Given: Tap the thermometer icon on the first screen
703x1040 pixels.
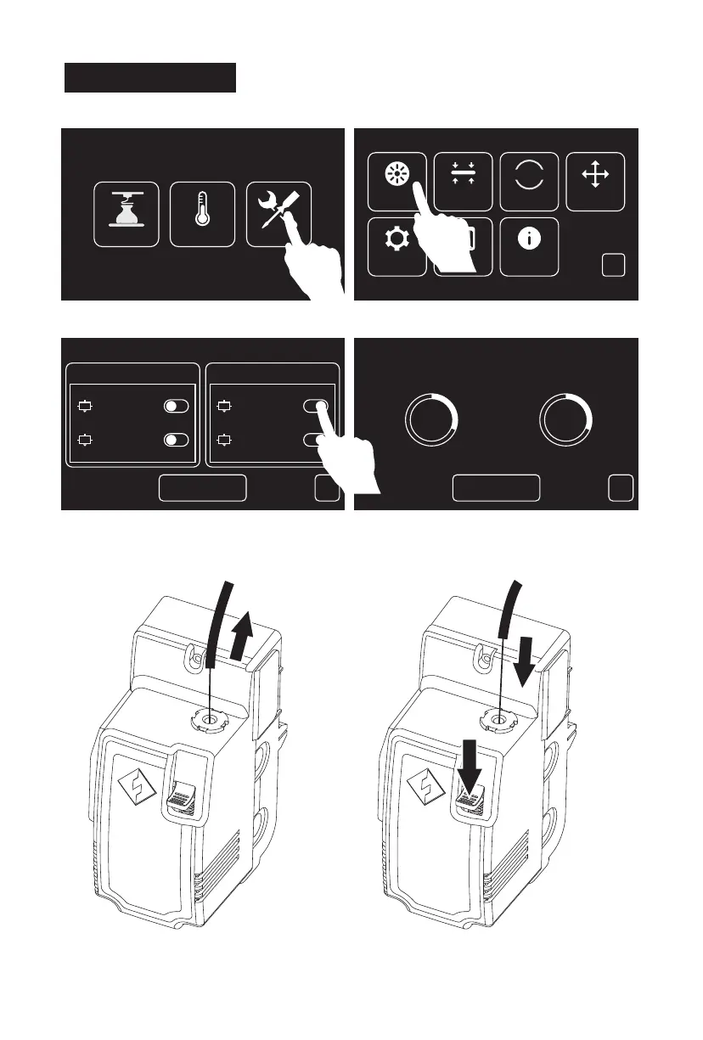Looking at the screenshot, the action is tap(202, 215).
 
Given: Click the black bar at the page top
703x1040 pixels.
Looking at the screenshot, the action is tap(150, 76).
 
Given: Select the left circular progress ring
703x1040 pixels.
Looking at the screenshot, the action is tap(432, 419).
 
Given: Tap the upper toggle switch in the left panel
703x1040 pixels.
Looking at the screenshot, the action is tap(177, 406).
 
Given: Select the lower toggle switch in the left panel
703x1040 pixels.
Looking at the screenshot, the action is tap(177, 441).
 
